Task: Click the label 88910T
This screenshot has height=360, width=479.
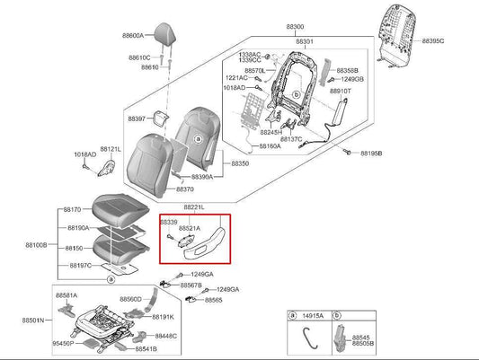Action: pos(342,92)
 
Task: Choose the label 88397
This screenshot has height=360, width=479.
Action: pos(137,119)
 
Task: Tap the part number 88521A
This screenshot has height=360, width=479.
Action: pos(191,229)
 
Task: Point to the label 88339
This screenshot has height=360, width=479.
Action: pos(169,221)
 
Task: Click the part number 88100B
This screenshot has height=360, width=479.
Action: pos(37,244)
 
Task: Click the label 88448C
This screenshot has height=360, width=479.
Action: pos(165,336)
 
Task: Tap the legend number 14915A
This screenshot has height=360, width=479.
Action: pos(314,316)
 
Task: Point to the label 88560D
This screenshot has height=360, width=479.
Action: pos(130,299)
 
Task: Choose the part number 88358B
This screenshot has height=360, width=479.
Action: pos(348,69)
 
